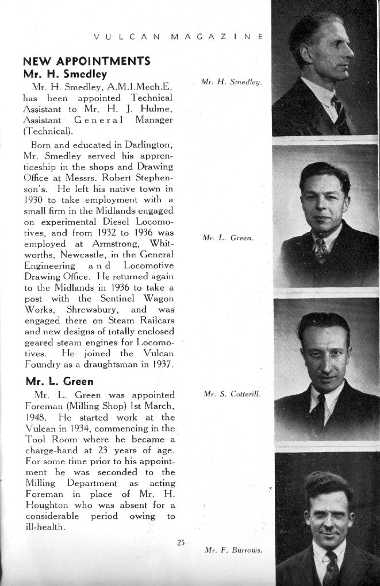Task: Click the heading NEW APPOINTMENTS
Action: pyautogui.click(x=86, y=61)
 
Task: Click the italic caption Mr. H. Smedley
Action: pyautogui.click(x=232, y=82)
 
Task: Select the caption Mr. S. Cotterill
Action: pyautogui.click(x=232, y=395)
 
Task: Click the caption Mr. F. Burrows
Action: pyautogui.click(x=233, y=550)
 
